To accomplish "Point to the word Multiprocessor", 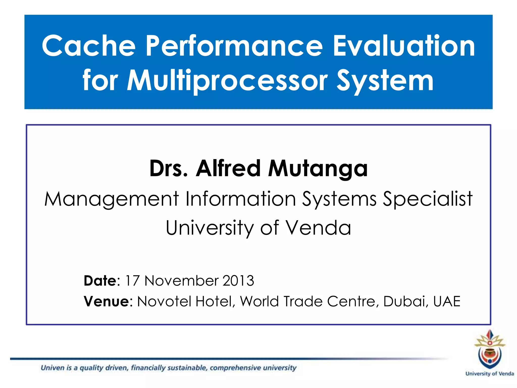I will pos(227,81).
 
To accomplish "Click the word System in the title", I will pos(385,81).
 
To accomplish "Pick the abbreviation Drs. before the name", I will pos(169,168).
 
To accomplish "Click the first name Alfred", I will pos(228,168).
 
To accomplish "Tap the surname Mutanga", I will pos(318,169).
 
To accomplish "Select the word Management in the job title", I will pos(112,199).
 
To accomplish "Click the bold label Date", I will pos(100,281).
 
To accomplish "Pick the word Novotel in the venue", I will pos(164,301).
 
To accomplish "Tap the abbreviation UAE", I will pos(447,301).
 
